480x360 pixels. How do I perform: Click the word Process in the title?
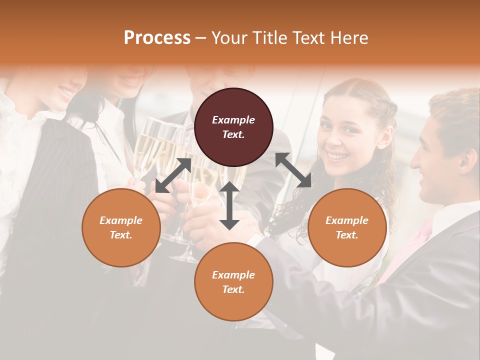[x=157, y=37]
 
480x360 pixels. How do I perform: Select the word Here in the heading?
[x=349, y=37]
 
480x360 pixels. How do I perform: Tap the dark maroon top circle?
[x=233, y=127]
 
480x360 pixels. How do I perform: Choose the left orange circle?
[x=121, y=227]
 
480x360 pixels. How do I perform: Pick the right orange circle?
[x=347, y=227]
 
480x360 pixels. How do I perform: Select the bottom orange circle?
[x=233, y=281]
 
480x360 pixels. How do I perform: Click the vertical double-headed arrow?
[x=229, y=205]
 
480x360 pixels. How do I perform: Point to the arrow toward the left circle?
[x=173, y=175]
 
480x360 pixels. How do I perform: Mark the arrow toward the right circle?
[x=293, y=170]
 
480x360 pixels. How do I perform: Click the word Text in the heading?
[x=310, y=37]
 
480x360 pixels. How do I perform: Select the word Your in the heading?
[x=228, y=37]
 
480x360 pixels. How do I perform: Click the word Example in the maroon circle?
[x=233, y=120]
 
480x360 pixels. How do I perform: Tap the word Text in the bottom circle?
[x=233, y=289]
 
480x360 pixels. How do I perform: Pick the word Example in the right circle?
[x=347, y=220]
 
